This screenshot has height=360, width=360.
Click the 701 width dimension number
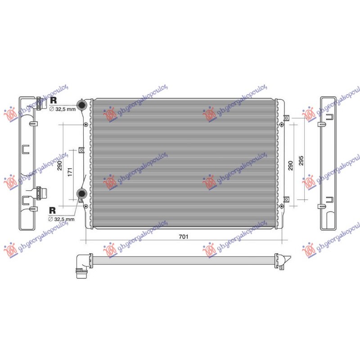[184, 237]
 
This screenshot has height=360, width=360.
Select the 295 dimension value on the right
[301, 161]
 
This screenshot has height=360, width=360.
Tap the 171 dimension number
[70, 172]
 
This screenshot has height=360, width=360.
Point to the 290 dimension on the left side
[59, 166]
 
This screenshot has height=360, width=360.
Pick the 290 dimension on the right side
[290, 166]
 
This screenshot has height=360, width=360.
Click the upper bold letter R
[53, 100]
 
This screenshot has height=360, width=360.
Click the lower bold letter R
[52, 210]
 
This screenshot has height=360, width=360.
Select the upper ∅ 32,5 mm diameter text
[63, 109]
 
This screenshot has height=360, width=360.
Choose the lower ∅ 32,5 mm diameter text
[61, 219]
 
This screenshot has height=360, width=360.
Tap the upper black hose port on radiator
[81, 105]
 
